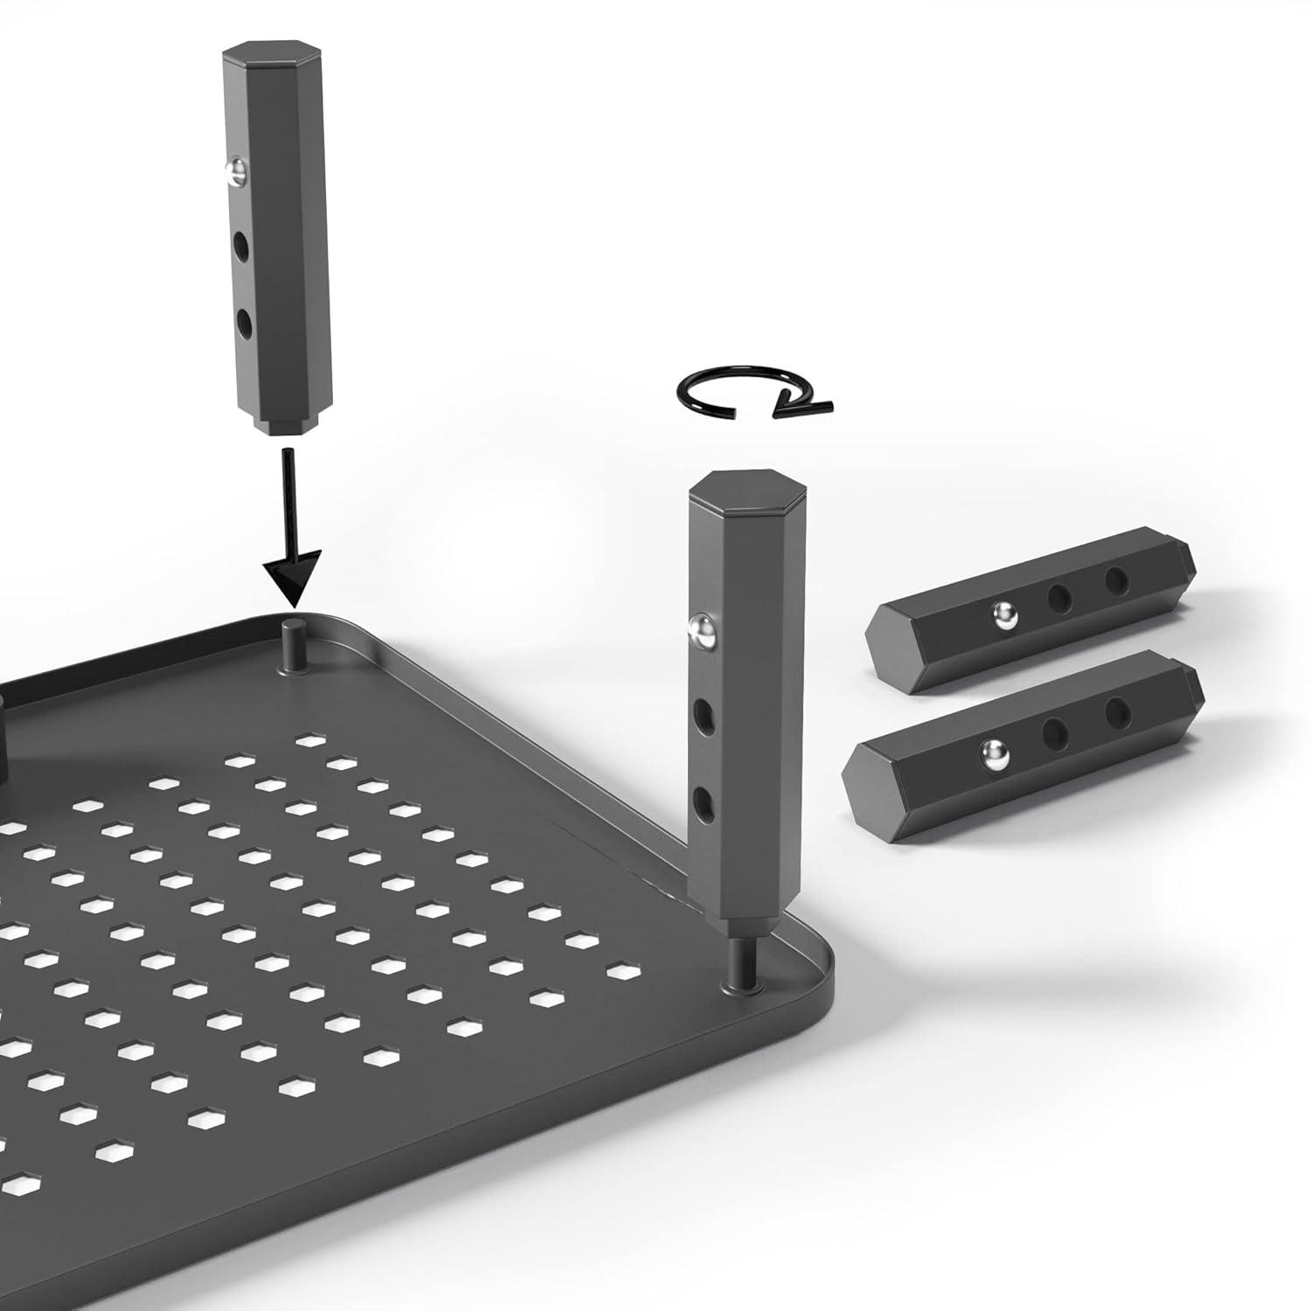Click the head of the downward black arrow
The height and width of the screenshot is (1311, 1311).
click(293, 578)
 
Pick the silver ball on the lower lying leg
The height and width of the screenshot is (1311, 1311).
click(992, 749)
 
